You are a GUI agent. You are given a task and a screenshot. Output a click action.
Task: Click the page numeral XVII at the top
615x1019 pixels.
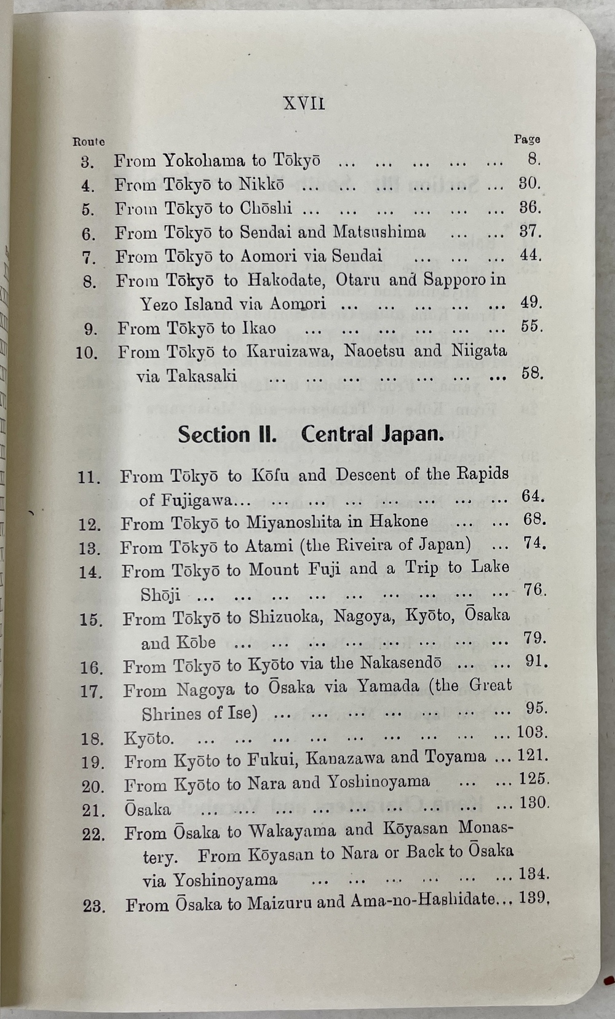pyautogui.click(x=304, y=103)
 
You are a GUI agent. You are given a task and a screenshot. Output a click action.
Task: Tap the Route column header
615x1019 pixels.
pyautogui.click(x=89, y=141)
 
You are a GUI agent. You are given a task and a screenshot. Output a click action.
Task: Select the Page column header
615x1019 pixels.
pyautogui.click(x=527, y=140)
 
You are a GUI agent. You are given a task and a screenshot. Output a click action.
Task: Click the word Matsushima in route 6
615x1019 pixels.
pyautogui.click(x=379, y=232)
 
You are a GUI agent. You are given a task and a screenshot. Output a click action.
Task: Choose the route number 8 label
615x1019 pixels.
pyautogui.click(x=89, y=282)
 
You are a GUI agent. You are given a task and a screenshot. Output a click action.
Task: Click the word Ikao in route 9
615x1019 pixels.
pyautogui.click(x=258, y=328)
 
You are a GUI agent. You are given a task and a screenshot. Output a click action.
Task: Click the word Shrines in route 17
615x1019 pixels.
pyautogui.click(x=171, y=714)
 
